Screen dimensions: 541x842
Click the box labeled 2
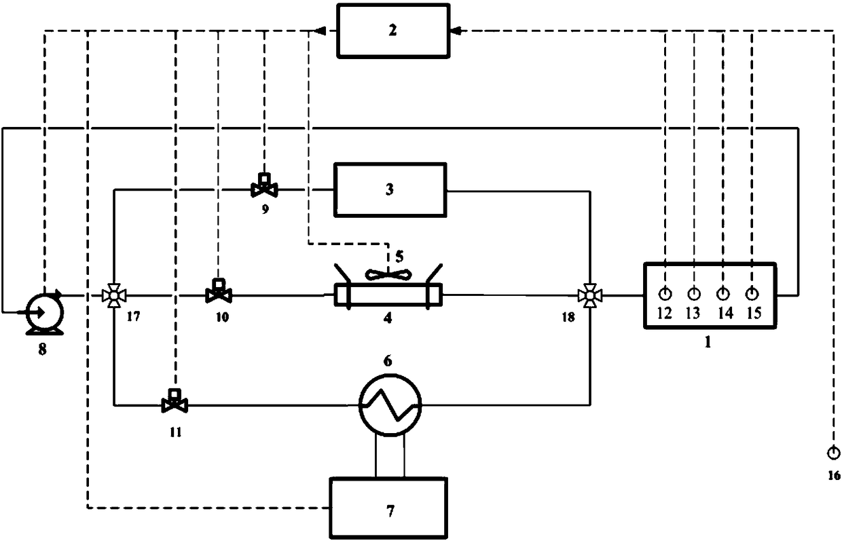[x=393, y=31]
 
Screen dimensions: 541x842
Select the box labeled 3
[x=389, y=189]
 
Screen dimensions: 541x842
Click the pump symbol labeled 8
[x=43, y=313]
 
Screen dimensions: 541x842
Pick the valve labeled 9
[x=263, y=185]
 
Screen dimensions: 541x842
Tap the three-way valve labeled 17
[x=113, y=296]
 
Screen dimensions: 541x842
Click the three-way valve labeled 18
[x=589, y=296]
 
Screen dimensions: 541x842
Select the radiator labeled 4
[x=388, y=296]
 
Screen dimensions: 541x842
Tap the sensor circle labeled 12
[x=665, y=294]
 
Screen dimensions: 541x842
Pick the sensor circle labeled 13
[x=694, y=294]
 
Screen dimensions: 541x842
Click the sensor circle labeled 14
[x=723, y=294]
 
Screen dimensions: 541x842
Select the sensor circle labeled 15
[x=752, y=294]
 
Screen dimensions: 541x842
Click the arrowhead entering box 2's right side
[x=456, y=30]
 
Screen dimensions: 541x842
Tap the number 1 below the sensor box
[x=707, y=343]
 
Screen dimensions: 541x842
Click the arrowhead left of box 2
[x=318, y=30]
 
